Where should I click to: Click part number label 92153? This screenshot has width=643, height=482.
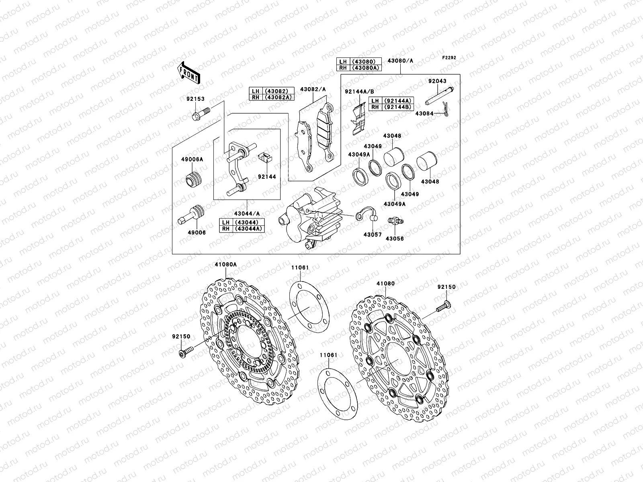pyautogui.click(x=195, y=98)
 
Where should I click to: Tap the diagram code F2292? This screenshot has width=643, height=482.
pyautogui.click(x=449, y=58)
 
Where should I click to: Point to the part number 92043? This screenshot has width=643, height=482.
pyautogui.click(x=437, y=81)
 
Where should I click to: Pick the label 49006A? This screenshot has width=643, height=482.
pyautogui.click(x=195, y=159)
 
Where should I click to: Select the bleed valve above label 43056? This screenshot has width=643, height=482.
pyautogui.click(x=395, y=221)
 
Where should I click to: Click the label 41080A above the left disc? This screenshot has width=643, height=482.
pyautogui.click(x=225, y=265)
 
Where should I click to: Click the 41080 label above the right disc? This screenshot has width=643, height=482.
pyautogui.click(x=385, y=284)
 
